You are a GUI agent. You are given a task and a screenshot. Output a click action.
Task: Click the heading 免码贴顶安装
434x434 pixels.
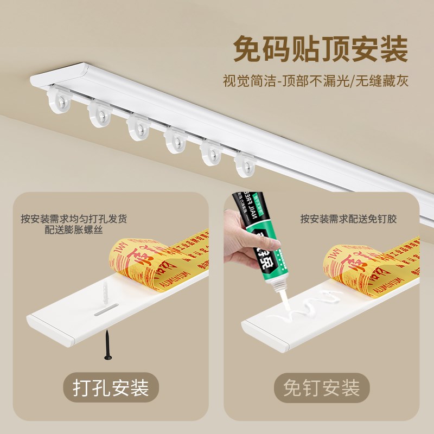[x=320, y=50]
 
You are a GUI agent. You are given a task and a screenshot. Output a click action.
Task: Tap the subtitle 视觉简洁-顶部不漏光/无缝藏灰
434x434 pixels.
[x=315, y=81]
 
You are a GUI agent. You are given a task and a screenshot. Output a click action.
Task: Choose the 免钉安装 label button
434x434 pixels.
[x=322, y=388]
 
